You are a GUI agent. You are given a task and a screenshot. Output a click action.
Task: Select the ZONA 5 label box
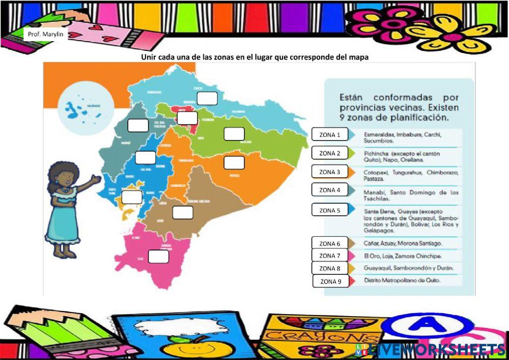coord(330,210)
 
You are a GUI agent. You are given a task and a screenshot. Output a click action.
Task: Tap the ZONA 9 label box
coord(330,281)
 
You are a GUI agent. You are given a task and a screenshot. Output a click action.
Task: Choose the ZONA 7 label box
coord(329,256)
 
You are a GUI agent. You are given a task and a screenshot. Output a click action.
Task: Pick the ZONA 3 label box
coord(329,172)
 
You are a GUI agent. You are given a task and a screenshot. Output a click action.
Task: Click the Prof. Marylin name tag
coord(45,35)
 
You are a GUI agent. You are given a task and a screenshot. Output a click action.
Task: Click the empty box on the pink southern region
coord(158,257)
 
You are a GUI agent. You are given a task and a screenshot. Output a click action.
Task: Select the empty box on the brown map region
coord(183,212)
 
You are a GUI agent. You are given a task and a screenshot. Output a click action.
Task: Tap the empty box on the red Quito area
coord(187,118)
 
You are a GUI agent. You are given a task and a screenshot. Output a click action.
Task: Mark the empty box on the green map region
coord(234,133)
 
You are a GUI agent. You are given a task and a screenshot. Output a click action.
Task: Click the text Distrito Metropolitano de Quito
coord(402,281)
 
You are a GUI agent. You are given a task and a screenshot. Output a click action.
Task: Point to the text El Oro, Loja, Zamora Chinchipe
coord(403,256)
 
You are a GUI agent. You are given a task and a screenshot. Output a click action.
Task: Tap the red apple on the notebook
coord(181,348)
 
